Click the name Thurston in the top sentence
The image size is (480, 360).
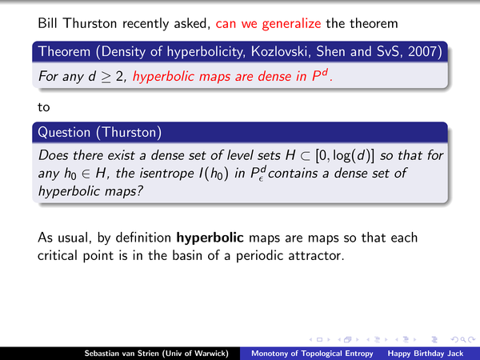click(x=90, y=23)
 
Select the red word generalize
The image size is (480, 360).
click(x=291, y=23)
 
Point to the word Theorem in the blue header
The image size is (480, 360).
click(x=64, y=51)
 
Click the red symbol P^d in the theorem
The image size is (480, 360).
click(x=320, y=75)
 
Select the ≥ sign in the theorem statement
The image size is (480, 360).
click(x=106, y=77)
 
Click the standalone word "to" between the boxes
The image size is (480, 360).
click(x=44, y=107)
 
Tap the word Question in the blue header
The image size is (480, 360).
click(x=64, y=132)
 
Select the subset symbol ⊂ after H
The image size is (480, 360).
click(x=305, y=156)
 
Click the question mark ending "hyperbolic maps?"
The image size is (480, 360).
click(x=139, y=191)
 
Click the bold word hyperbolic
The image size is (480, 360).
click(x=210, y=238)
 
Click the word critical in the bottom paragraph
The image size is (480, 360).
click(x=58, y=256)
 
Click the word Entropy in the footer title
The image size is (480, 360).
click(x=358, y=354)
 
